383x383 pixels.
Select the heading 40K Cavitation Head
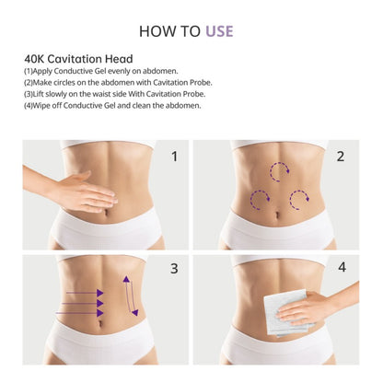[78, 59]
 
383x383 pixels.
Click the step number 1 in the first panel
[174, 157]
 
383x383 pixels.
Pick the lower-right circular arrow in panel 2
[298, 196]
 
